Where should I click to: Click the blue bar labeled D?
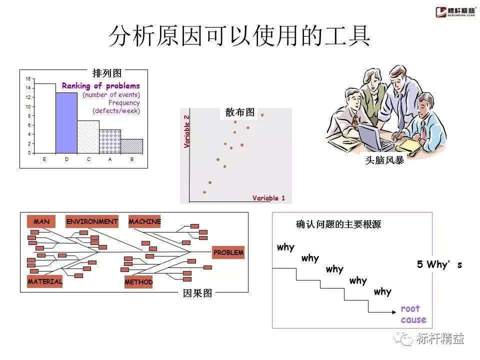66,123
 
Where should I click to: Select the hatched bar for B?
131,146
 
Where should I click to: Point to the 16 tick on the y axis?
28,79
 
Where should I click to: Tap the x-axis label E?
45,159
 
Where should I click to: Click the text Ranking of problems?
101,86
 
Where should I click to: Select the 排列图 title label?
106,73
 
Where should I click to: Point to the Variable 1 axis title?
268,198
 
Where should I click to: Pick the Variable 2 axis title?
187,131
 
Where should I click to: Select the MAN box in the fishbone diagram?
41,221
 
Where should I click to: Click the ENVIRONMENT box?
92,221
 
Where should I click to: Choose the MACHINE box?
144,221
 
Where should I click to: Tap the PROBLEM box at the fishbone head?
228,252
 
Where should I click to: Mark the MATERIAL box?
45,281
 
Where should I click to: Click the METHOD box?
138,282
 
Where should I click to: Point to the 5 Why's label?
439,265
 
